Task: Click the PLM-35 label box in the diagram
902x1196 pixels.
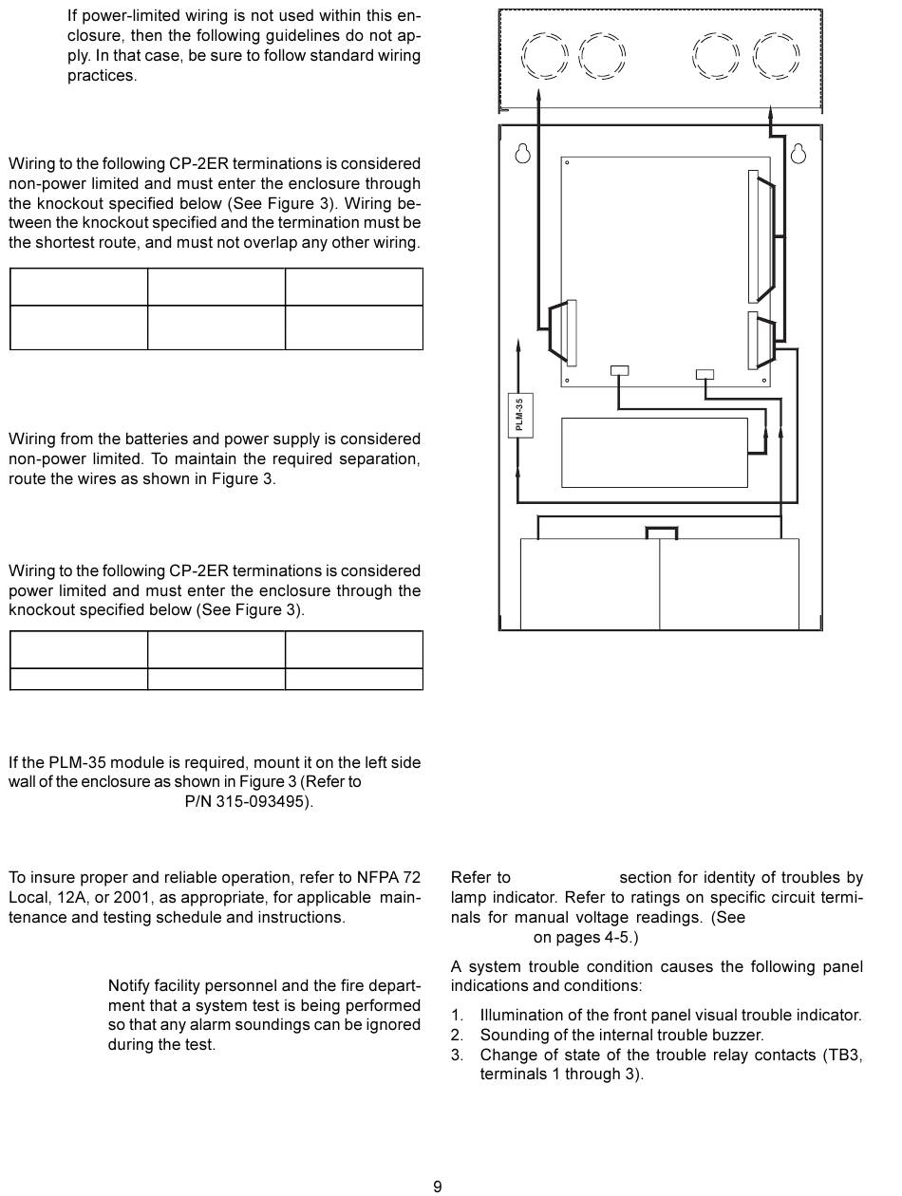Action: click(x=519, y=415)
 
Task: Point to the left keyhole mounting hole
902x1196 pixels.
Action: click(x=522, y=153)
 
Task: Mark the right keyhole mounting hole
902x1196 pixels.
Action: click(x=799, y=153)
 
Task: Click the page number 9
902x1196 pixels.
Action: click(x=438, y=1186)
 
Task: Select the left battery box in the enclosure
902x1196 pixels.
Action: click(x=590, y=583)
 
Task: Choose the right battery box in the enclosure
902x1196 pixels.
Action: click(x=729, y=583)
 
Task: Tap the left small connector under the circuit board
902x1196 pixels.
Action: click(x=619, y=371)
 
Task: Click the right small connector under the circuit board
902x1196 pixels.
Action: click(x=705, y=374)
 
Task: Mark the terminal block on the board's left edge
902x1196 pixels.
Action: click(x=570, y=332)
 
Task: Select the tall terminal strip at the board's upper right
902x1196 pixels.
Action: click(x=754, y=236)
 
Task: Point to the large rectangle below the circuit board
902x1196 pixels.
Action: click(x=654, y=452)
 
